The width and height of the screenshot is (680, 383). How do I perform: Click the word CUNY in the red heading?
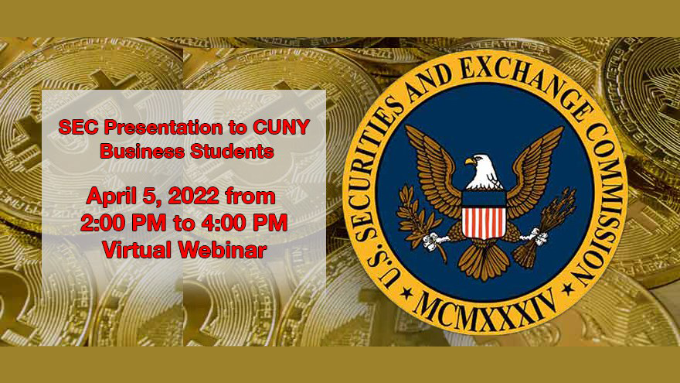(x=281, y=127)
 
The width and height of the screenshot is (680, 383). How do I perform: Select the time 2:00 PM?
(x=123, y=223)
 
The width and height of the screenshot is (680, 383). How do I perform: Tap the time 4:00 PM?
(x=244, y=223)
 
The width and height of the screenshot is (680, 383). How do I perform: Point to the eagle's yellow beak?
(x=470, y=162)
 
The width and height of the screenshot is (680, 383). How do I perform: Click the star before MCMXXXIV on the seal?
(x=406, y=292)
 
